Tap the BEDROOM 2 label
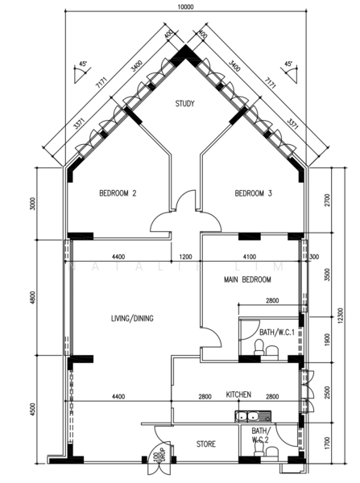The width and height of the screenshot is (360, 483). point(118,193)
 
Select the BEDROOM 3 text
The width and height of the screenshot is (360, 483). point(253,193)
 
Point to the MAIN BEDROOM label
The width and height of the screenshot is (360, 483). point(247,279)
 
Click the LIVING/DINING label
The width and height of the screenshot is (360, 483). point(132,318)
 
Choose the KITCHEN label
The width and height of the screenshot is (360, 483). point(239,394)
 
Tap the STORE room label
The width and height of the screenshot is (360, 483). point(206,444)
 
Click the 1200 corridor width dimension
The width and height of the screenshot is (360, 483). point(185,257)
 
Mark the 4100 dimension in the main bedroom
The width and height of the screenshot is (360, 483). point(247,257)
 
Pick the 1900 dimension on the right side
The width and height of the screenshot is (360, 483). point(325,341)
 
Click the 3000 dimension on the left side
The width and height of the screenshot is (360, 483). point(33,202)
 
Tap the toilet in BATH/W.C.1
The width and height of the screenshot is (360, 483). point(259,348)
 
